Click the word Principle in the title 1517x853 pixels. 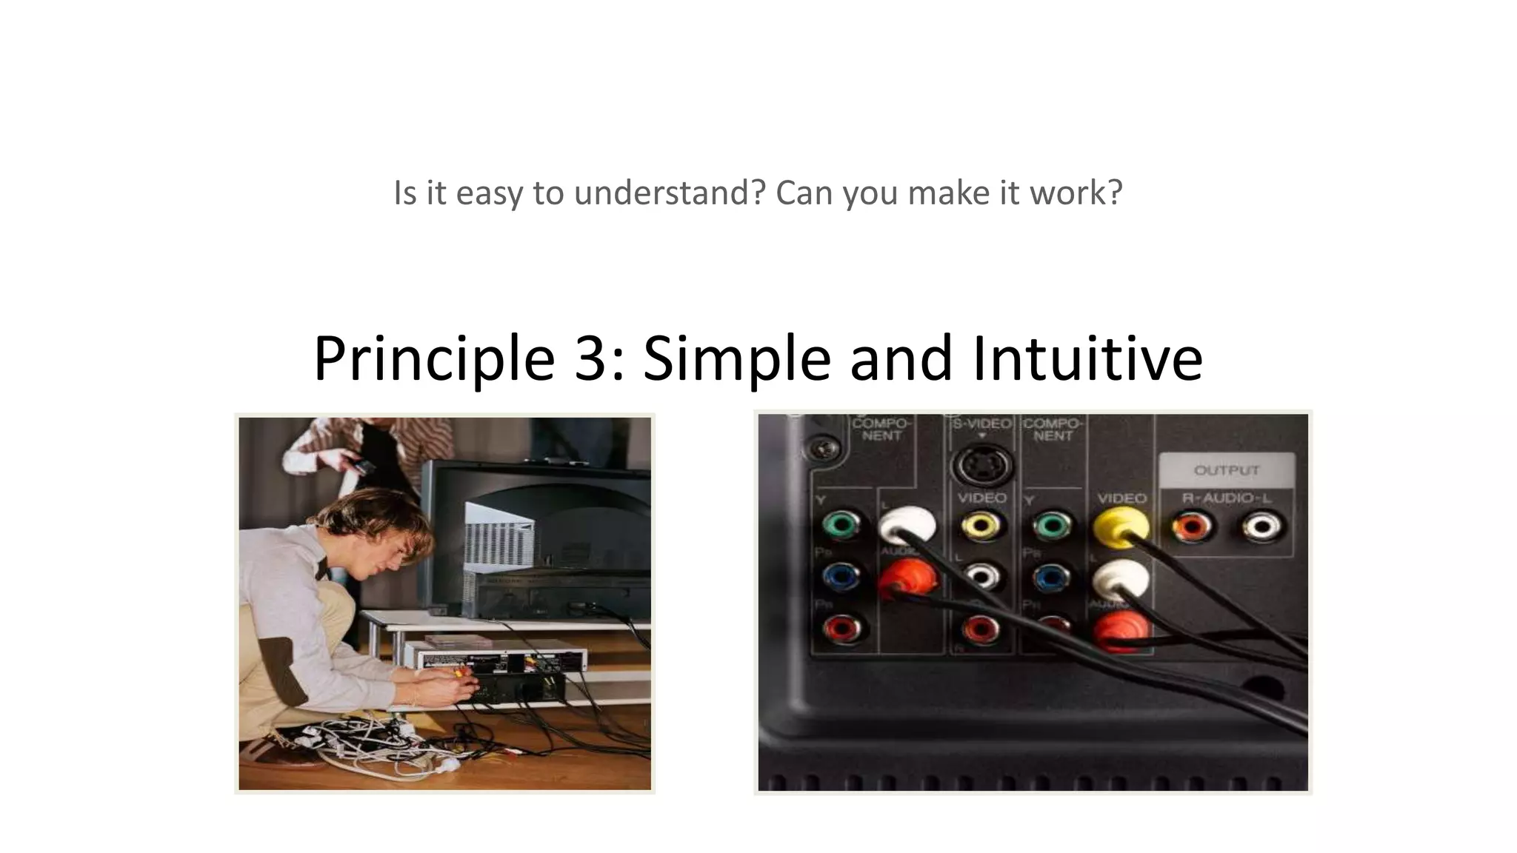tap(434, 358)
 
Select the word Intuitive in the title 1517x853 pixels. tap(1087, 358)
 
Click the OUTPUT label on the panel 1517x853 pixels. tap(1226, 470)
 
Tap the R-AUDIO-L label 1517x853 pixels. tap(1226, 498)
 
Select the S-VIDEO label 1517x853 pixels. tap(981, 424)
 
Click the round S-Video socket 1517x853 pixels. tap(981, 466)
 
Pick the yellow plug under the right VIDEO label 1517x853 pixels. tap(1121, 526)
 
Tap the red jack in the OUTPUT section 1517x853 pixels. tap(1192, 528)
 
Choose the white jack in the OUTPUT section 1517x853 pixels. tap(1262, 528)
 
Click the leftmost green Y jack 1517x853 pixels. tap(841, 526)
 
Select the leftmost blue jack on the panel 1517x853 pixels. tap(841, 576)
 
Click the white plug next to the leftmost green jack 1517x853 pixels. tap(907, 526)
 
